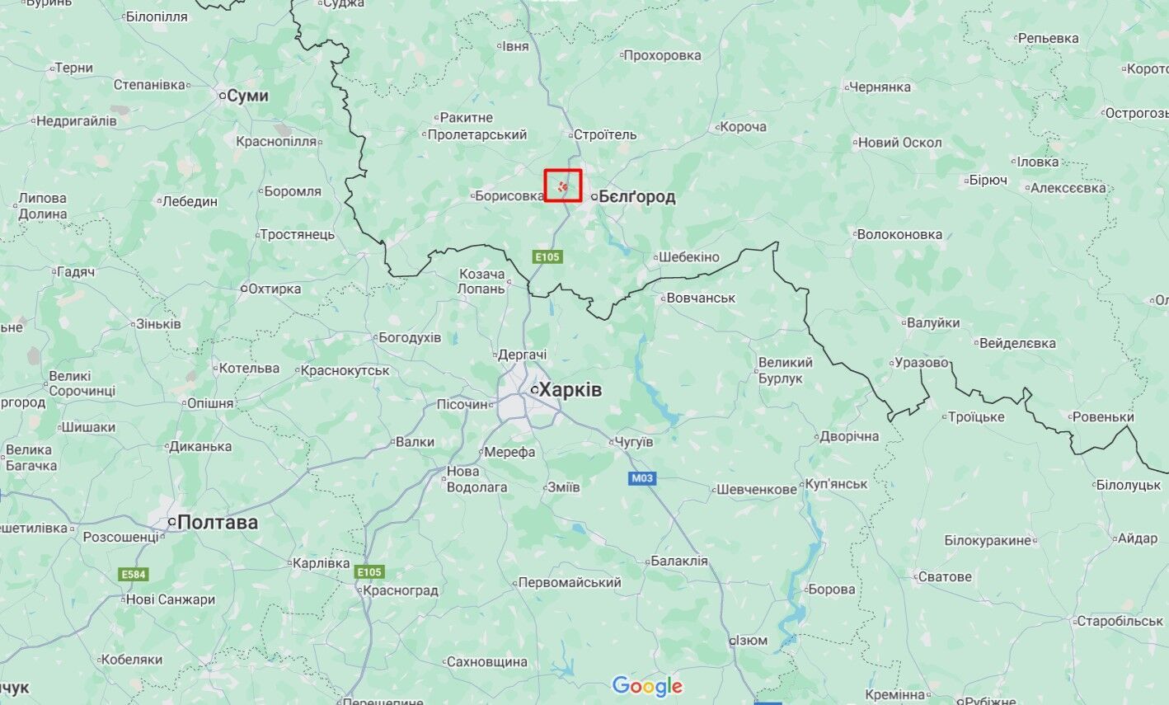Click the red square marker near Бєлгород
563,186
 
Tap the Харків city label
570,390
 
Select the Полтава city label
217,523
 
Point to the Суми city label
247,96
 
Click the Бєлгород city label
636,196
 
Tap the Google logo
647,685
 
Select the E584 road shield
134,574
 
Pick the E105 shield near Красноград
369,571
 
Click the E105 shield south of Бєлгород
547,256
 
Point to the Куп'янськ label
836,484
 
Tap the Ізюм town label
751,641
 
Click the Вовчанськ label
701,298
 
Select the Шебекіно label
689,257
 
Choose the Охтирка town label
275,289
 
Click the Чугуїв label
634,442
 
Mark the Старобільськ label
1120,621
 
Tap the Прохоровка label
662,55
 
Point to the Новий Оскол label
899,143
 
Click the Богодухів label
409,337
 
